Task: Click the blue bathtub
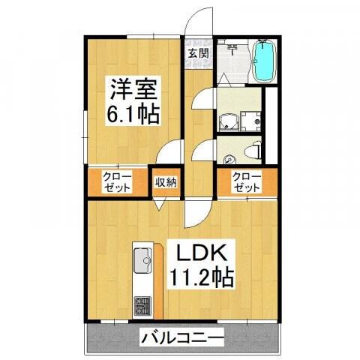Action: coord(263,62)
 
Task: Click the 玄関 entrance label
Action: coord(197,53)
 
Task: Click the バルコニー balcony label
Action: coord(182,339)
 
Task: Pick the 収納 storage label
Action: coord(166,181)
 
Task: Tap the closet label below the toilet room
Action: coord(246,182)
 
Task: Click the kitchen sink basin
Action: coord(140,264)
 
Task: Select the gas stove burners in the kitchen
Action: coord(142,306)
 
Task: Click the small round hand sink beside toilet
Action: coord(229,158)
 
